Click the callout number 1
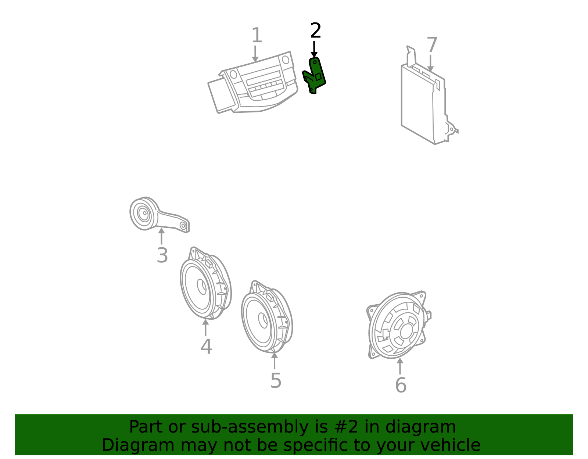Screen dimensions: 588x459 coord(257,35)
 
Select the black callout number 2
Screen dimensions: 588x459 coord(316,31)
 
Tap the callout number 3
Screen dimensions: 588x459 coord(162,255)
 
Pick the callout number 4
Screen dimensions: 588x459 coord(206,347)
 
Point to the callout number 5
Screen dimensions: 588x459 coord(276,381)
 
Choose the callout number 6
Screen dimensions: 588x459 coord(401,385)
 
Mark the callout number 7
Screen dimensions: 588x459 coord(432,44)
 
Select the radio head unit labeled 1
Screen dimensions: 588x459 coord(253,82)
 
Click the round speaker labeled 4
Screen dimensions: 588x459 coord(206,283)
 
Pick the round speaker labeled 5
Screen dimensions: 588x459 coord(267,317)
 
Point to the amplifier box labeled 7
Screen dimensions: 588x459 coord(429,95)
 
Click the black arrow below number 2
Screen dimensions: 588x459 coord(314,49)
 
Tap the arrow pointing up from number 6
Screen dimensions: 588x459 coord(400,366)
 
